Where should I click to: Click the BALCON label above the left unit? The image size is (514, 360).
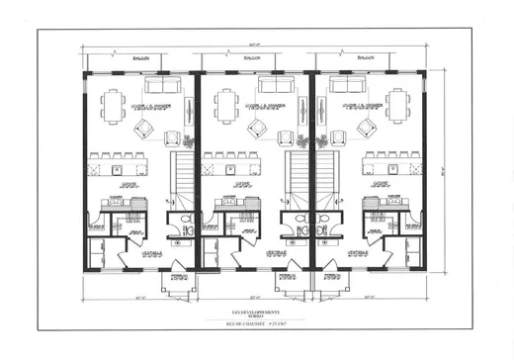pyautogui.click(x=141, y=59)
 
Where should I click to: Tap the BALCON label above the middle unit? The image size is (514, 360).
pyautogui.click(x=254, y=59)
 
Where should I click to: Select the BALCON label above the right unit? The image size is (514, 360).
pyautogui.click(x=370, y=59)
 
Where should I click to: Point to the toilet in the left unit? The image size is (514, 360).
pyautogui.click(x=185, y=222)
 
